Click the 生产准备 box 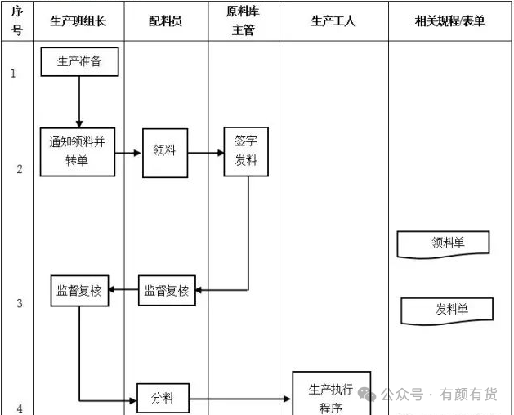click(79, 61)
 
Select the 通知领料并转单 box click(78, 152)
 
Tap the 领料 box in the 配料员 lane click(165, 153)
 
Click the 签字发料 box click(246, 151)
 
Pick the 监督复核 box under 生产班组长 click(79, 291)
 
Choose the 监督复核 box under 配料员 click(167, 291)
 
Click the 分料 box click(163, 398)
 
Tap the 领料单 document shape click(443, 244)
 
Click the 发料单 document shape click(447, 311)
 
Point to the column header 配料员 click(165, 21)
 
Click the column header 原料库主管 click(243, 20)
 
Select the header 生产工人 click(333, 21)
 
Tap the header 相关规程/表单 click(449, 21)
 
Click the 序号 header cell click(17, 20)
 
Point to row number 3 click(20, 303)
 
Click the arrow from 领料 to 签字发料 click(206, 153)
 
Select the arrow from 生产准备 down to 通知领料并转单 click(79, 102)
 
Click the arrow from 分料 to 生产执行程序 click(240, 399)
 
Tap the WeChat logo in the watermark click(367, 394)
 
